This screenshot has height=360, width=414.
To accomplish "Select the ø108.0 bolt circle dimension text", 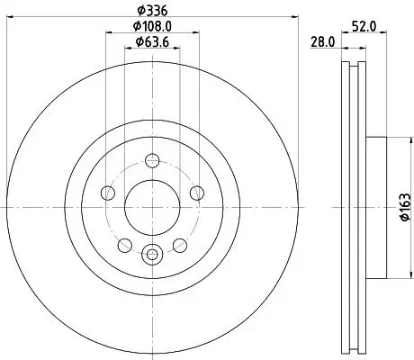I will [150, 27].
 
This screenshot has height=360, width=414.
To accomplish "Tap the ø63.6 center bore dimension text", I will [150, 44].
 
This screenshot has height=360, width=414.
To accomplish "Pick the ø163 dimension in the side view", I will [402, 206].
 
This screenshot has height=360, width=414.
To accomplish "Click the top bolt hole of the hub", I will [152, 161].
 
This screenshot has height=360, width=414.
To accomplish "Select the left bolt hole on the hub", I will [109, 192].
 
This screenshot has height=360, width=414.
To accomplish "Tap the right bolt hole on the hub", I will [195, 192].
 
